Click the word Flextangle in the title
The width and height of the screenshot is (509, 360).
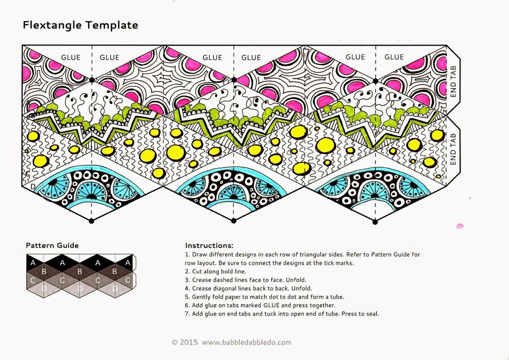click(x=52, y=25)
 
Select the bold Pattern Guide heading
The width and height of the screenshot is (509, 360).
click(x=52, y=245)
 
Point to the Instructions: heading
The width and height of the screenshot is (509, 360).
click(x=209, y=246)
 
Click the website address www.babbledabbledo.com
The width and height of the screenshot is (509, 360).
click(x=246, y=342)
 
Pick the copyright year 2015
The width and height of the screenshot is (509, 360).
click(x=189, y=342)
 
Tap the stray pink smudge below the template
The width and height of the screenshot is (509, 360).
click(x=460, y=226)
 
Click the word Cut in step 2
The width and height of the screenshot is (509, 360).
click(x=197, y=271)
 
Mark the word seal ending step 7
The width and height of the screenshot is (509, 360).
click(x=372, y=314)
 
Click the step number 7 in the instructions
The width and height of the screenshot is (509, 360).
click(x=187, y=314)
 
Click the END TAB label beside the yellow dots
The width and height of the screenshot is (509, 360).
click(x=453, y=149)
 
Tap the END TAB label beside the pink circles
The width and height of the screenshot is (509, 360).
click(x=453, y=81)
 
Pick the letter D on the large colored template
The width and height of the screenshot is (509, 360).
click(x=33, y=187)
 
